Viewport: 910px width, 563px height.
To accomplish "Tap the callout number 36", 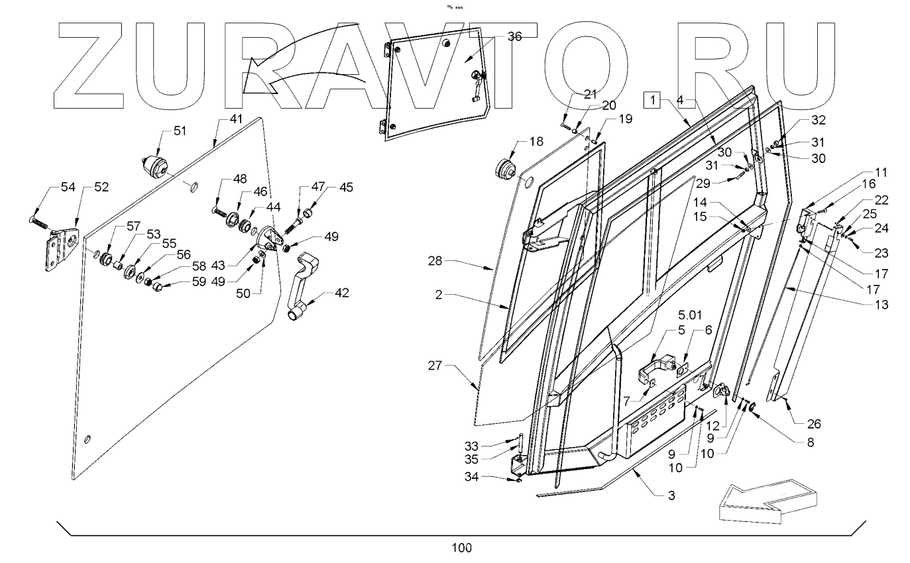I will [514, 37].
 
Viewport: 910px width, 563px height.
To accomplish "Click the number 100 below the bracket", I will [462, 548].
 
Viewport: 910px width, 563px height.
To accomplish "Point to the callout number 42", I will [341, 292].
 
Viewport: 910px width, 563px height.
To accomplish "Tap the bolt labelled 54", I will [40, 223].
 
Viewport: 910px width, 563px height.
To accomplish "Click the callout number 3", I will [671, 494].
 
